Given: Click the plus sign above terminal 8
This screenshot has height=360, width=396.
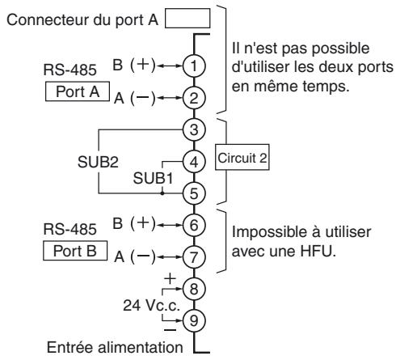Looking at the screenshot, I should point(168,279).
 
